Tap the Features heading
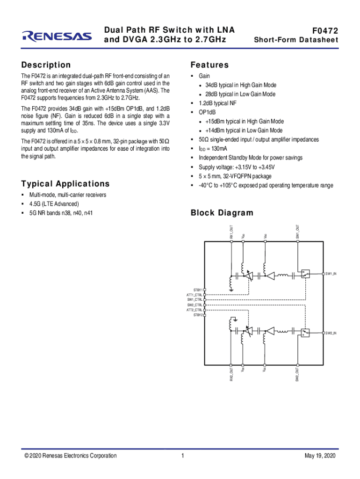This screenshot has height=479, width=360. tap(209, 65)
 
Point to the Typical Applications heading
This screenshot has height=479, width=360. tap(65, 184)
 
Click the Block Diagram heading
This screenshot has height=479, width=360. tap(222, 213)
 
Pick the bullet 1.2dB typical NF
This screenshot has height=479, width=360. tap(218, 103)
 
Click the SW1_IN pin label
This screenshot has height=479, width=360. tap(331, 273)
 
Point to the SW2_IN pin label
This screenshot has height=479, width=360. tap(331, 333)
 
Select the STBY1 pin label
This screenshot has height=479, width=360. tap(198, 290)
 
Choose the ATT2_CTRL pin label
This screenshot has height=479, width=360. tap(194, 310)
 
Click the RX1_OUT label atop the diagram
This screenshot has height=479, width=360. tap(231, 232)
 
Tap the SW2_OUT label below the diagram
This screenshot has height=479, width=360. tap(297, 374)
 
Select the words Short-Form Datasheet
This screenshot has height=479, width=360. tap(295, 40)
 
